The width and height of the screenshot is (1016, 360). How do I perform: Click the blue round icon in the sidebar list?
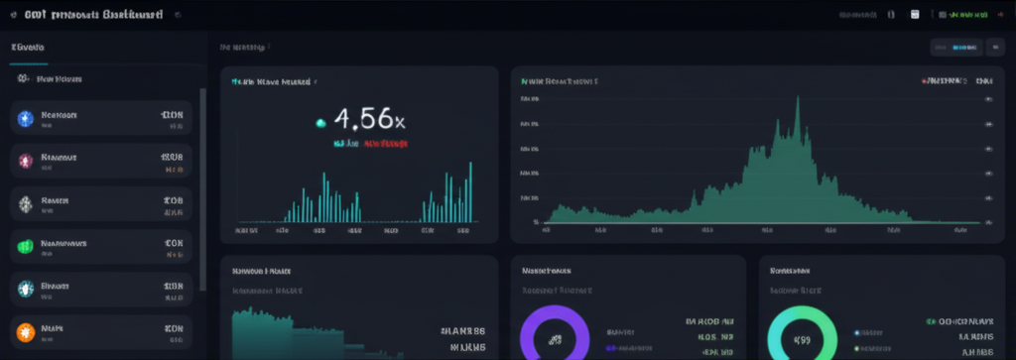click(26, 120)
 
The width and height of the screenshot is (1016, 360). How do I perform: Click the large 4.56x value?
click(369, 121)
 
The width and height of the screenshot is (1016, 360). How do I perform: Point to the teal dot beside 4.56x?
click(320, 123)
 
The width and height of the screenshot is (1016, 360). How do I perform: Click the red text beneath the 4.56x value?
click(386, 144)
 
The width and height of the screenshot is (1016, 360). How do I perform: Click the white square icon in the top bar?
click(915, 15)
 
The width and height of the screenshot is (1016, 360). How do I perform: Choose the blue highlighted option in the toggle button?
click(962, 47)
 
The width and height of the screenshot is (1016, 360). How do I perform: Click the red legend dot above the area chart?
click(924, 81)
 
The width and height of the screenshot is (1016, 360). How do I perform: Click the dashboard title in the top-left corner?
click(89, 15)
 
